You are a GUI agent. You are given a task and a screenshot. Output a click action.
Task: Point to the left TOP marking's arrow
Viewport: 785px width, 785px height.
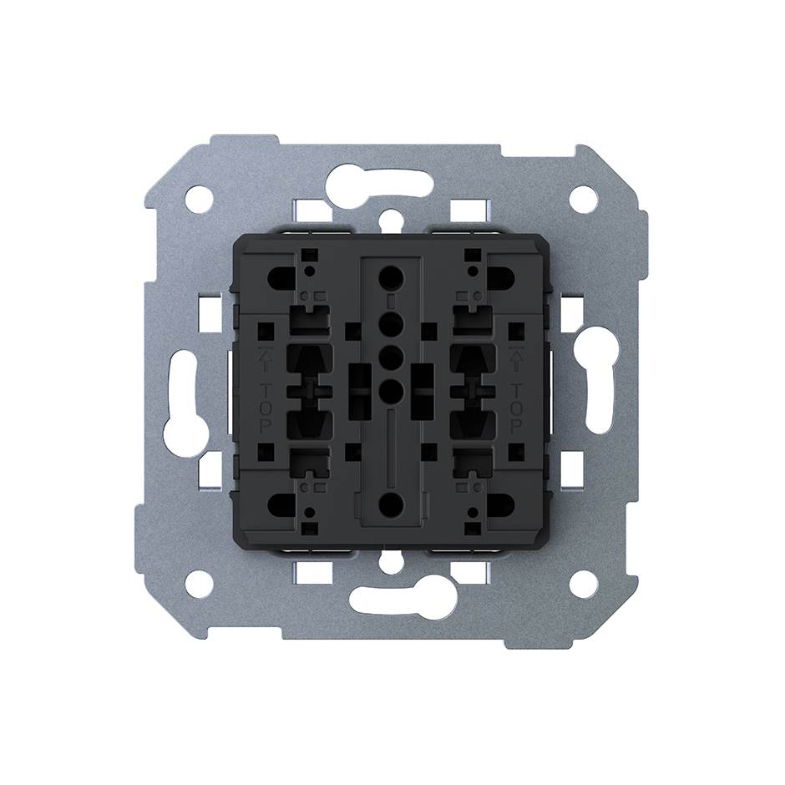(266, 359)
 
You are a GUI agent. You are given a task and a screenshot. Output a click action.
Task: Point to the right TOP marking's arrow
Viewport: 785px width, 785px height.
(516, 359)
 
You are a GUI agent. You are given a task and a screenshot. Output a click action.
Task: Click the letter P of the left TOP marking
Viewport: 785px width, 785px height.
(266, 427)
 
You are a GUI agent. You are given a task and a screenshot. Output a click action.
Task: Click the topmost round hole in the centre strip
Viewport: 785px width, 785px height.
(392, 276)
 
